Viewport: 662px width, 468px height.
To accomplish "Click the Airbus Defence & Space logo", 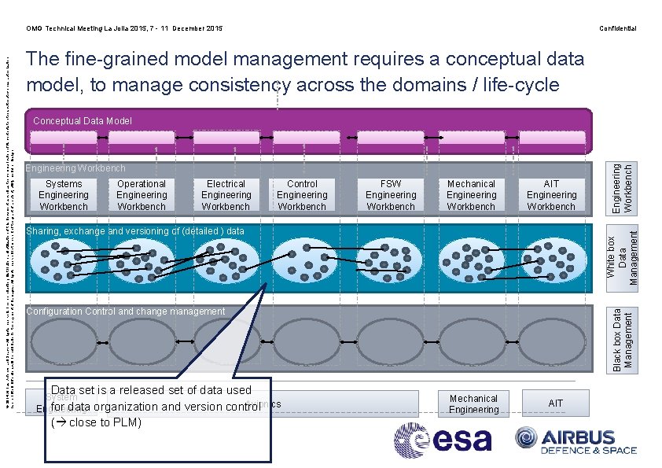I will [576, 440].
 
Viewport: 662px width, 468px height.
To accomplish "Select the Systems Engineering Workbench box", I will [64, 195].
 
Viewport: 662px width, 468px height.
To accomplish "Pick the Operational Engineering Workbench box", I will [142, 195].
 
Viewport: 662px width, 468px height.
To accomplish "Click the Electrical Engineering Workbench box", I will [226, 195].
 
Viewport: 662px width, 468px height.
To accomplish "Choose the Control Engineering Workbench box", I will [302, 195].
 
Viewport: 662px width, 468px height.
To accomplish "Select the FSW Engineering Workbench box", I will [391, 195].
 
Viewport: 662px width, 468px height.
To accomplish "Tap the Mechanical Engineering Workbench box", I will [472, 195].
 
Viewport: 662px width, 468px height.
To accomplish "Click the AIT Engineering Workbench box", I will [551, 195].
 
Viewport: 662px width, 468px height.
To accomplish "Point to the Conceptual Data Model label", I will [83, 121].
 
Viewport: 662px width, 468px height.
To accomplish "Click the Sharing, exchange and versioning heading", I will [135, 231].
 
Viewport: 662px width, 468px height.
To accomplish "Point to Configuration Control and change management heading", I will [126, 311].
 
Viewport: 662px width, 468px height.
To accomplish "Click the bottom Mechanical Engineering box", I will [473, 404].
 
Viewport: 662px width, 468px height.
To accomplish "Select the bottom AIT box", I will [556, 404].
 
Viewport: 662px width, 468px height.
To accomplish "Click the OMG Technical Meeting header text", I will [124, 28].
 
